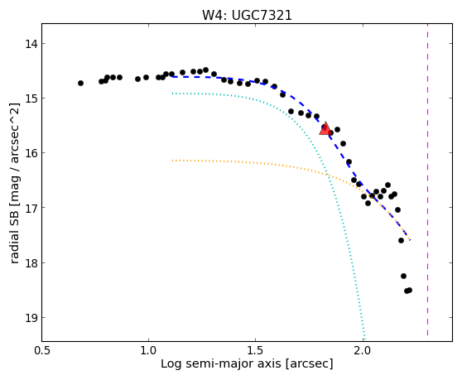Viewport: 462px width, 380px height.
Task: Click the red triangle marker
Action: point(325,128)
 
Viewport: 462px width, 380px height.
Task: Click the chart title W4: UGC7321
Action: point(247,16)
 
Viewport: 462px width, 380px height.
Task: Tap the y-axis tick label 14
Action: point(31,44)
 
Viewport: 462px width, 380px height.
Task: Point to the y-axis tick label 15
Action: point(31,99)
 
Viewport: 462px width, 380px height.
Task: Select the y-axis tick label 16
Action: point(31,153)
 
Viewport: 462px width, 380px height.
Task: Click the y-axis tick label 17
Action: point(31,208)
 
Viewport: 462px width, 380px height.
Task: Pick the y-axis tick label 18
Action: point(31,262)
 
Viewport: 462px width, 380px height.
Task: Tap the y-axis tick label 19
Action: point(31,318)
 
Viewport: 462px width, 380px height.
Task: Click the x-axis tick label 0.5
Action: point(42,351)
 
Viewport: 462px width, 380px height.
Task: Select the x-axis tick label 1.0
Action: point(148,351)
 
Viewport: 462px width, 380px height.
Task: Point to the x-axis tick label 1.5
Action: point(256,351)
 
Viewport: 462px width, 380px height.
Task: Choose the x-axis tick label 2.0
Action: point(363,351)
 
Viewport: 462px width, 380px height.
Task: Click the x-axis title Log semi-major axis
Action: point(221,364)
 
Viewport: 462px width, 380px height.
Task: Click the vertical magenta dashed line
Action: point(427,180)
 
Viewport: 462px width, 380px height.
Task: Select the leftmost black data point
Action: point(81,84)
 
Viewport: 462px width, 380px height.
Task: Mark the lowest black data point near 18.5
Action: point(407,291)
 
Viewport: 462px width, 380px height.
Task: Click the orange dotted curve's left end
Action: point(173,161)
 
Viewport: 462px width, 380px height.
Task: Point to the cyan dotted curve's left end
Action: point(173,94)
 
